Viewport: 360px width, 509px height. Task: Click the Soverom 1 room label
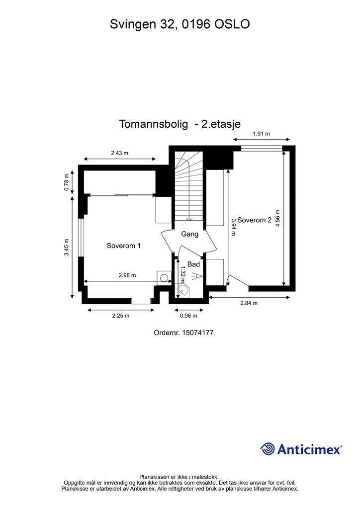[124, 246]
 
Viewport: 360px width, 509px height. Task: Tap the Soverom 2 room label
[254, 220]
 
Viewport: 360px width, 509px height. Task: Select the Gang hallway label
[189, 234]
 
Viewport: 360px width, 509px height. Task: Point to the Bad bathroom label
[193, 264]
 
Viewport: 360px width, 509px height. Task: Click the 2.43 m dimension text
[119, 153]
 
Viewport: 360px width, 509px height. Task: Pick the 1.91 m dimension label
[261, 134]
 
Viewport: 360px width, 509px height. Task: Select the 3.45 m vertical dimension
[67, 247]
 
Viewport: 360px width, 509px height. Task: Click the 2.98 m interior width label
[127, 275]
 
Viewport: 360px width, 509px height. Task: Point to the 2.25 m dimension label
[120, 316]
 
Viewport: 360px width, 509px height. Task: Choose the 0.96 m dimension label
[188, 316]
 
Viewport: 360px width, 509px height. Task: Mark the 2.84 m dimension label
[249, 303]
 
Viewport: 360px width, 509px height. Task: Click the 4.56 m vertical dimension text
[278, 217]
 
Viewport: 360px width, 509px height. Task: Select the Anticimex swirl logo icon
[268, 449]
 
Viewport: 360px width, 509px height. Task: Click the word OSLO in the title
[232, 23]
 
